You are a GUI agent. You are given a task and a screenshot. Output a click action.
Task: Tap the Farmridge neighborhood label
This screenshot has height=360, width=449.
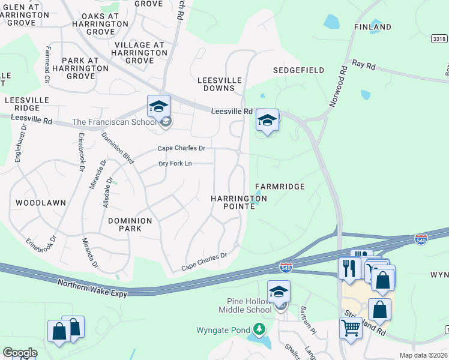pyautogui.click(x=280, y=187)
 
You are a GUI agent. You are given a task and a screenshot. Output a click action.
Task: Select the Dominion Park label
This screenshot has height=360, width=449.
pyautogui.click(x=130, y=224)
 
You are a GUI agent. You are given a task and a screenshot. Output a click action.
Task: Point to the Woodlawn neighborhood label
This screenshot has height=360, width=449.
pyautogui.click(x=41, y=203)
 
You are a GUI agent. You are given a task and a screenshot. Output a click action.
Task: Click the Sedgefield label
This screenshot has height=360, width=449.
pyautogui.click(x=298, y=70)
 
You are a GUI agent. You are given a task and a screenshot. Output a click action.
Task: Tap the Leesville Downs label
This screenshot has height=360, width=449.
pyautogui.click(x=220, y=84)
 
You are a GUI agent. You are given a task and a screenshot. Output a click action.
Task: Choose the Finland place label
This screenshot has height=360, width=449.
pyautogui.click(x=373, y=27)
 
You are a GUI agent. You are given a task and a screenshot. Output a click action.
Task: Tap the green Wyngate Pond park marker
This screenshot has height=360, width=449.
pyautogui.click(x=259, y=329)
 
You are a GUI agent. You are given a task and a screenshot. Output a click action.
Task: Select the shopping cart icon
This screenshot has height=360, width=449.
pyautogui.click(x=351, y=328)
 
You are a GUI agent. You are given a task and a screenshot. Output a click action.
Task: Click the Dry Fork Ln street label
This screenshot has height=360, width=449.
pyautogui.click(x=175, y=163)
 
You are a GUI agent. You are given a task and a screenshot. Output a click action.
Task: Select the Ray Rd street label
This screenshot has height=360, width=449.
pyautogui.click(x=363, y=63)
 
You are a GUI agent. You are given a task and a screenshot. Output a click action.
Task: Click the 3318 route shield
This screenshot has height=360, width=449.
pyautogui.click(x=439, y=38)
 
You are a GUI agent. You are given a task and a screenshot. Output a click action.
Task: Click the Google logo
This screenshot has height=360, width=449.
pyautogui.click(x=20, y=352)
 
